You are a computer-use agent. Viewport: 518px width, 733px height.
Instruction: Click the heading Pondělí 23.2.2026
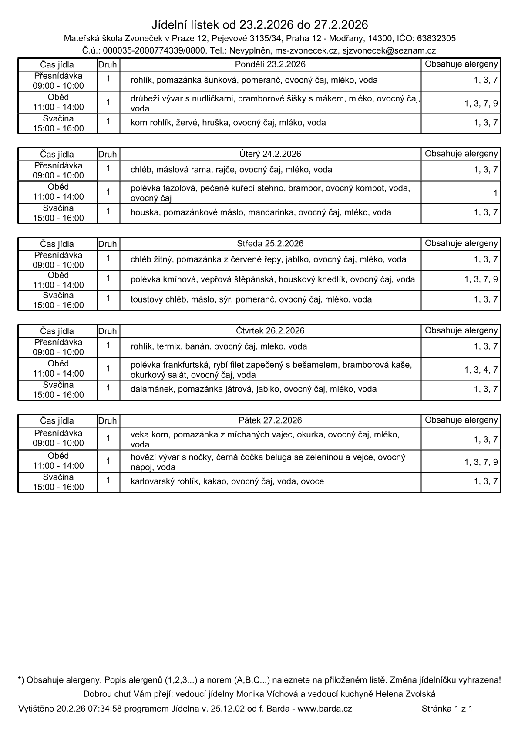tap(270, 64)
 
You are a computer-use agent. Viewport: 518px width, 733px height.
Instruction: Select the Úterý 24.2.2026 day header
tap(270, 154)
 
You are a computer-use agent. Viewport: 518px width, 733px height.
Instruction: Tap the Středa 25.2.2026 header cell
tap(270, 244)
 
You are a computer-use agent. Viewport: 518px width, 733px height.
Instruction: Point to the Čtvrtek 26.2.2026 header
tap(270, 331)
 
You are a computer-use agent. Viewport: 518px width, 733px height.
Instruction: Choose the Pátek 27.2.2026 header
tap(270, 420)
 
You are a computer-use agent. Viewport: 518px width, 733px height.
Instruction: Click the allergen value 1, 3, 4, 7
tap(481, 370)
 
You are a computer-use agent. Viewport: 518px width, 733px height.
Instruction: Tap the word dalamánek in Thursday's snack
tap(151, 389)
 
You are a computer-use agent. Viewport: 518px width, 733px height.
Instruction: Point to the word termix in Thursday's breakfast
tap(168, 346)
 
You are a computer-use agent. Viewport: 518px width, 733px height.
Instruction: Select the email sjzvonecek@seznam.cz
tap(389, 51)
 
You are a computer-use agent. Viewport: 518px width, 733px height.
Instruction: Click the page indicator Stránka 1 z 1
tap(447, 709)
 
